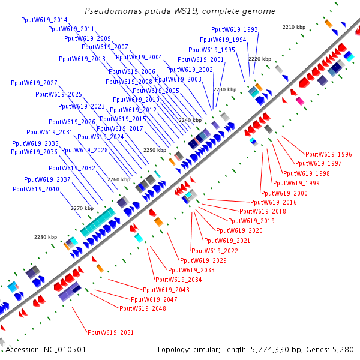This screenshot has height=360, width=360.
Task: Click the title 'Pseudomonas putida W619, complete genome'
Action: [180, 11]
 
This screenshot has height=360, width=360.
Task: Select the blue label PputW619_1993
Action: [235, 29]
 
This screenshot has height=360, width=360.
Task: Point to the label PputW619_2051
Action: [110, 332]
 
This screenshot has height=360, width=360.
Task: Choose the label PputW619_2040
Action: [36, 189]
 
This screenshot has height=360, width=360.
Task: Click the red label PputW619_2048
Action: [143, 308]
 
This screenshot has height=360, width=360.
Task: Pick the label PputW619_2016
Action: [273, 202]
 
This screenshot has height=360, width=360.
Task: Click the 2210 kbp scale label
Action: [294, 27]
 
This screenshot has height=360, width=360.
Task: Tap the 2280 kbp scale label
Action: [45, 237]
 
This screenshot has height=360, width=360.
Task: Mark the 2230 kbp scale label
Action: [225, 89]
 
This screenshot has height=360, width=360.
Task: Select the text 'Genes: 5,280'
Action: [333, 349]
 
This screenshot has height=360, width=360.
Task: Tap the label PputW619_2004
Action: [139, 57]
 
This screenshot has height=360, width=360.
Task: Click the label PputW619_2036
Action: [34, 152]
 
